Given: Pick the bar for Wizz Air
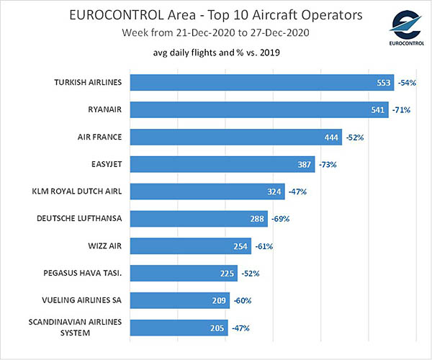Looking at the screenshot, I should [x=190, y=247].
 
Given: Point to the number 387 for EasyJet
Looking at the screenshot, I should [x=304, y=165].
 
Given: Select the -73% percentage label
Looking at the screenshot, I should [x=328, y=165].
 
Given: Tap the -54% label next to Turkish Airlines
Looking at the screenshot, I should [x=407, y=83].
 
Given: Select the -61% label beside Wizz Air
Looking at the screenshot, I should [x=264, y=247].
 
